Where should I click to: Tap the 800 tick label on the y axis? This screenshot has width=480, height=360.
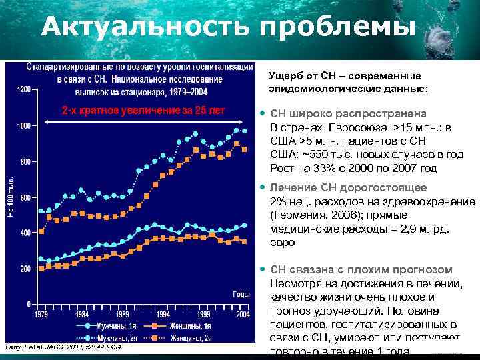pos(25,161)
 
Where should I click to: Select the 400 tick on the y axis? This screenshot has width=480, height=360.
pos(25,233)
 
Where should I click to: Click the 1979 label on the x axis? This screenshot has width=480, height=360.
pos(41,313)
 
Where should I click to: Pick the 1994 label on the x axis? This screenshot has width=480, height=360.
pos(162,313)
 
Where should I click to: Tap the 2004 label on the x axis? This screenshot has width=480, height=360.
pos(243,313)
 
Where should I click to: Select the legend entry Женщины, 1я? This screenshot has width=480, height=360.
pos(188,326)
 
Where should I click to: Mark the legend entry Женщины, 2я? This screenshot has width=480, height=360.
pos(188,339)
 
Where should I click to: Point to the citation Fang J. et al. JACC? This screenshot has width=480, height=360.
pos(63,347)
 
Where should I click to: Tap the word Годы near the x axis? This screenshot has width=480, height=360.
pos(241,293)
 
